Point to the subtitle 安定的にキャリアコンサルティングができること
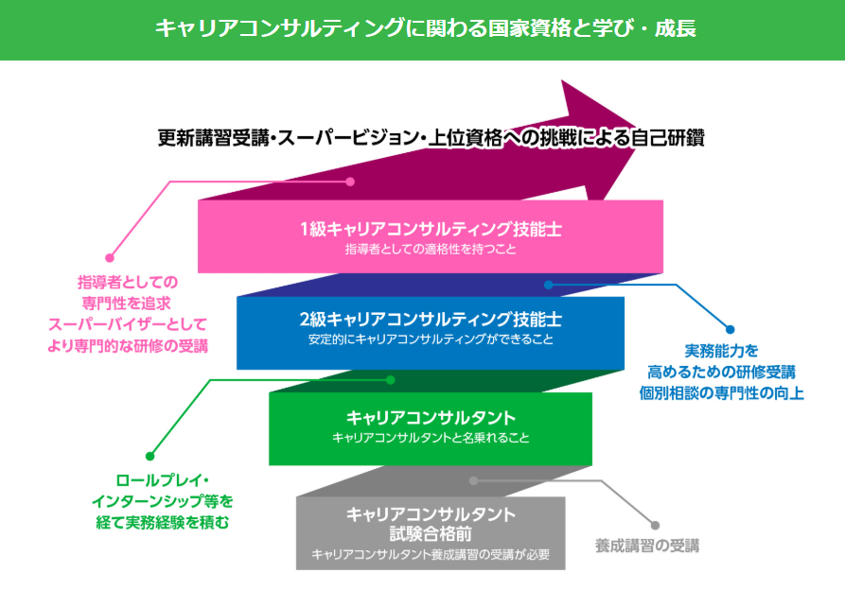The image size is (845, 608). [431, 339]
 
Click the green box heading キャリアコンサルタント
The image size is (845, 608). [431, 417]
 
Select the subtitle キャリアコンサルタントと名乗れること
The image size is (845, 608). [431, 438]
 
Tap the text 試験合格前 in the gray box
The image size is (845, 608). [431, 533]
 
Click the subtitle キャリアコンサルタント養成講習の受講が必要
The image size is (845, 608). [431, 554]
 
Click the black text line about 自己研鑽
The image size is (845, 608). [431, 137]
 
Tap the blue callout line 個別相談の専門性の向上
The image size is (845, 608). [722, 392]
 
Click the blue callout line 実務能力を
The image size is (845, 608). [722, 349]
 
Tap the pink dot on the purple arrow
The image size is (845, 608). [350, 182]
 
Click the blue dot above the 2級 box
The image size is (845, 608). [548, 284]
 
